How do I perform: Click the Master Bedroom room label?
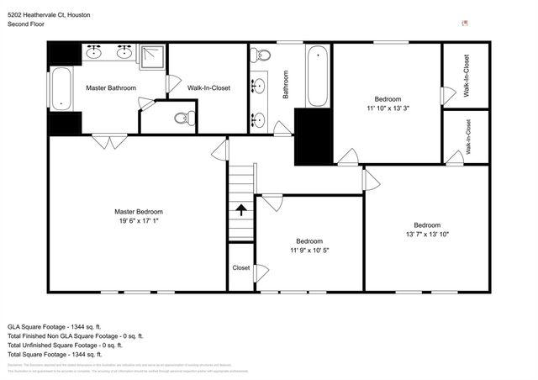click(139, 212)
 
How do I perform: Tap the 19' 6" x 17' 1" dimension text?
click(139, 222)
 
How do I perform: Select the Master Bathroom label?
click(111, 87)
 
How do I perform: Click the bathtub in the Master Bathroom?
click(62, 89)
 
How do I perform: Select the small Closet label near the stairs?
click(240, 268)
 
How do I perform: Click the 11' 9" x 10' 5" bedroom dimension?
click(309, 250)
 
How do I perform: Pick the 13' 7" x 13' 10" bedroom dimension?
click(427, 235)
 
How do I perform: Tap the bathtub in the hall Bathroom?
click(316, 77)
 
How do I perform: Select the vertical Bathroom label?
click(286, 85)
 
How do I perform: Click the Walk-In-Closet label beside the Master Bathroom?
click(208, 87)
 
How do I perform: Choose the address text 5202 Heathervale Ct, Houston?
click(50, 15)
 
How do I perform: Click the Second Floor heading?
click(27, 25)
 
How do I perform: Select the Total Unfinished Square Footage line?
click(65, 345)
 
